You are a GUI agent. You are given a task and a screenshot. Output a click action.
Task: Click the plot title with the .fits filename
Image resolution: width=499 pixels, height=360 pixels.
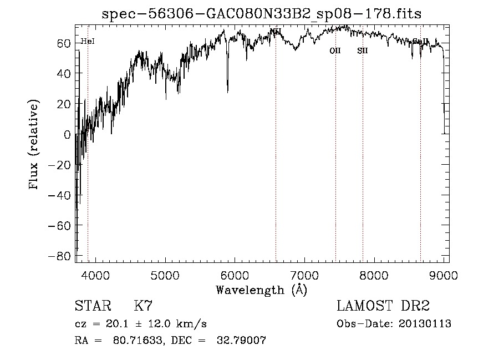262,14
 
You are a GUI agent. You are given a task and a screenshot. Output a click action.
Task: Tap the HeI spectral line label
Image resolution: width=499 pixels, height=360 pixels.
88,41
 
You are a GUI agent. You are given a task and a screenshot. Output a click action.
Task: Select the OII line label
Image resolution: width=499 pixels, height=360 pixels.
335,50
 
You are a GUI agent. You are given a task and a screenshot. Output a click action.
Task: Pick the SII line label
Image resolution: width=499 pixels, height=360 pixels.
363,50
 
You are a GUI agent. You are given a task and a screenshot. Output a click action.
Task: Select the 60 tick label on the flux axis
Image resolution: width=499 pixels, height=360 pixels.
64,43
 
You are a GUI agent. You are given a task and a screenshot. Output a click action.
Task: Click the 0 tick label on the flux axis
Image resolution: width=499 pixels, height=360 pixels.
68,134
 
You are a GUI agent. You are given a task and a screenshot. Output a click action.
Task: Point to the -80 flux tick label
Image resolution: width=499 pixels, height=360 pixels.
60,256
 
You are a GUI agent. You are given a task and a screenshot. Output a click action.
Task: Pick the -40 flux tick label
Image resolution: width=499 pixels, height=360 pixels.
60,195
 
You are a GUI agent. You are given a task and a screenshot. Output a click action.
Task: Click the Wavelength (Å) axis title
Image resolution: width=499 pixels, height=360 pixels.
261,290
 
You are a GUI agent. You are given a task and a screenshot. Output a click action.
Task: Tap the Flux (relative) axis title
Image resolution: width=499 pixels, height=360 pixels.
35,145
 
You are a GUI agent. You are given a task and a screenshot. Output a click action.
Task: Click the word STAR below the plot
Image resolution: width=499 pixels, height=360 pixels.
93,306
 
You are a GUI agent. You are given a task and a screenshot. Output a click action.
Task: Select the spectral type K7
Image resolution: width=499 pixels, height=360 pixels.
143,306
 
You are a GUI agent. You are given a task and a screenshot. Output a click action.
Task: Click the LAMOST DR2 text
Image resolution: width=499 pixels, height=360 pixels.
383,306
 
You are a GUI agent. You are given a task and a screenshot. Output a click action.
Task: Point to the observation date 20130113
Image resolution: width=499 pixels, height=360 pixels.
425,324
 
